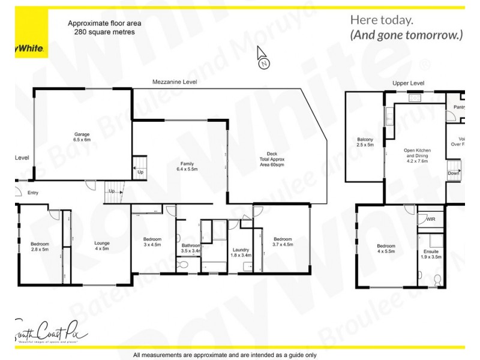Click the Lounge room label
pyautogui.click(x=102, y=246)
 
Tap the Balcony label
pyautogui.click(x=365, y=142)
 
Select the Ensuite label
pyautogui.click(x=431, y=254)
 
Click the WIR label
pyautogui.click(x=430, y=220)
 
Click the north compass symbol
pyautogui.click(x=263, y=59)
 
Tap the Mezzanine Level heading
pyautogui.click(x=175, y=81)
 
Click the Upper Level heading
pyautogui.click(x=408, y=83)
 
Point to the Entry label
pyautogui.click(x=32, y=193)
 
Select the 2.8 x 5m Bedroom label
pyautogui.click(x=40, y=247)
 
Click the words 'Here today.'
pyautogui.click(x=381, y=20)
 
